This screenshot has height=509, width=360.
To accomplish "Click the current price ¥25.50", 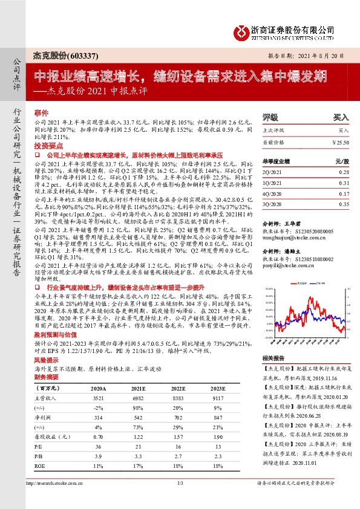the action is [x=341, y=142].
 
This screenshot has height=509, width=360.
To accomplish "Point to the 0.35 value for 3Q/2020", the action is [x=343, y=204].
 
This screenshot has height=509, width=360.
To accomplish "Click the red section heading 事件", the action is [x=41, y=112].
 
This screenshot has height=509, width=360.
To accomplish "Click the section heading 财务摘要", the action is [x=45, y=376].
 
